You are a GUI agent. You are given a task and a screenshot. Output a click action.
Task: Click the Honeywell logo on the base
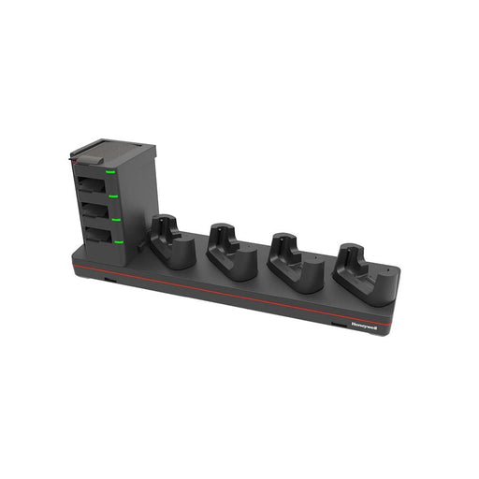(x=365, y=326)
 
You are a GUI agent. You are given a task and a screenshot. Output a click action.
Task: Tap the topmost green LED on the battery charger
(x=110, y=172)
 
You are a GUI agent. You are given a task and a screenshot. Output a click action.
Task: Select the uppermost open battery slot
(x=92, y=183)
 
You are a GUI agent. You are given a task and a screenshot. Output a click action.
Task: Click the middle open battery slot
(x=94, y=208)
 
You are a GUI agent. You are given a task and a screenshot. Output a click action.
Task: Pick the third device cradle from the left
(x=294, y=263)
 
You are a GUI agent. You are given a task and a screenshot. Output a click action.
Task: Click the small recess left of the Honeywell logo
(x=336, y=322)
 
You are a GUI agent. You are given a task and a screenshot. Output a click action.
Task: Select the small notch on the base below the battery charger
(x=109, y=278)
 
